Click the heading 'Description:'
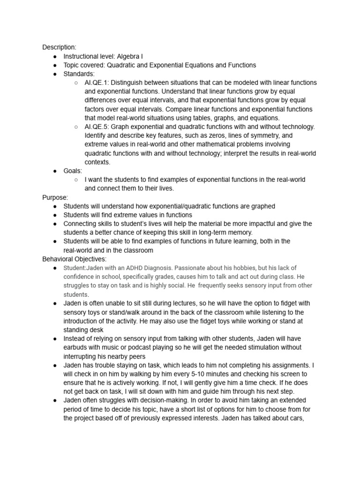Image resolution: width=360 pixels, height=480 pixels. point(59,47)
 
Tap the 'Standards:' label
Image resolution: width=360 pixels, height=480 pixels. point(79,74)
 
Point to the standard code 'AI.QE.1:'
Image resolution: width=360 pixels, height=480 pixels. point(97,83)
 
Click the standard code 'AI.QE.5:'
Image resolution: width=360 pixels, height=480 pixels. point(97,127)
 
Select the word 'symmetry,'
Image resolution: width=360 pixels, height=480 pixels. point(261,136)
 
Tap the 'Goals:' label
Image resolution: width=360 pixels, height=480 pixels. point(73,171)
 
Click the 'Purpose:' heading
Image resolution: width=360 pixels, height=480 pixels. point(55,197)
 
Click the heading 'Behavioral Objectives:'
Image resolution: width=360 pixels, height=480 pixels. point(75,259)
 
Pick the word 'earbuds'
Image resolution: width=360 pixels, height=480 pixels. point(78,348)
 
